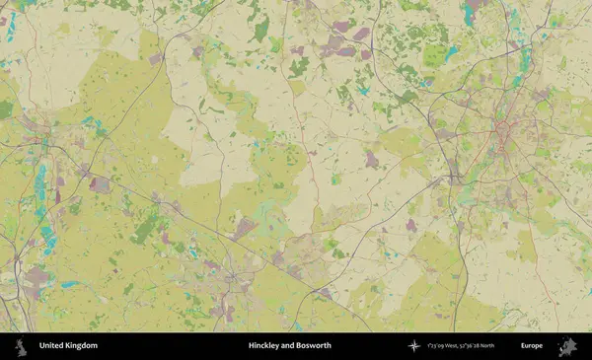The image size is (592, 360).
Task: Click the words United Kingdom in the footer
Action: click(x=68, y=346)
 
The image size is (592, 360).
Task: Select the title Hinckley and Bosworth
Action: click(x=289, y=346)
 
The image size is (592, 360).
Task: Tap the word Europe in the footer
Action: click(x=531, y=346)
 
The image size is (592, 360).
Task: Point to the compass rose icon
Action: click(x=414, y=346)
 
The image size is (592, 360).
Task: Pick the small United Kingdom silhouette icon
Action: click(x=21, y=346)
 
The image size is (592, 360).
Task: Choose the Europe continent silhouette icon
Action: click(x=566, y=346)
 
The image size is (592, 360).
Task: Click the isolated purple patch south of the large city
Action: click(x=410, y=225)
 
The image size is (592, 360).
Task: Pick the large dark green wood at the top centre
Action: click(x=260, y=30)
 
